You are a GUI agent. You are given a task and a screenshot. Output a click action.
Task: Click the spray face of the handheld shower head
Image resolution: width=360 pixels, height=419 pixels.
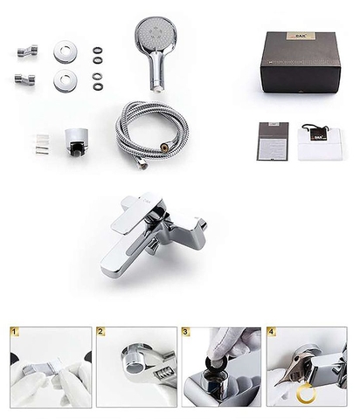tap(156, 40)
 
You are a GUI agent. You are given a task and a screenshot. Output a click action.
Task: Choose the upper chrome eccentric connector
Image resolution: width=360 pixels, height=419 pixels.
tap(24, 48)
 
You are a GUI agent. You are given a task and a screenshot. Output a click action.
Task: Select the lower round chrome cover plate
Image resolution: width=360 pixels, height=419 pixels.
tap(64, 81)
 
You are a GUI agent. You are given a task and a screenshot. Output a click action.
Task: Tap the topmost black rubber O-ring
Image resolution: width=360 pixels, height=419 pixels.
tap(96, 49)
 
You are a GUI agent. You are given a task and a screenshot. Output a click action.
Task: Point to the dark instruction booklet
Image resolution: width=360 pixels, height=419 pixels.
tap(273, 139)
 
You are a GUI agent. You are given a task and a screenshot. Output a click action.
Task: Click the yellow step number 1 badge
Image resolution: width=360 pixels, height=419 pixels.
tap(15, 333)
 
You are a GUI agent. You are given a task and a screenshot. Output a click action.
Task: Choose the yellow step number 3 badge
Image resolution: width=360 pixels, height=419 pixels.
tap(186, 333)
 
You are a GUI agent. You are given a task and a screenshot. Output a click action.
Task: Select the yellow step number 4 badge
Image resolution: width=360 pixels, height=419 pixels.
tap(271, 333)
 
